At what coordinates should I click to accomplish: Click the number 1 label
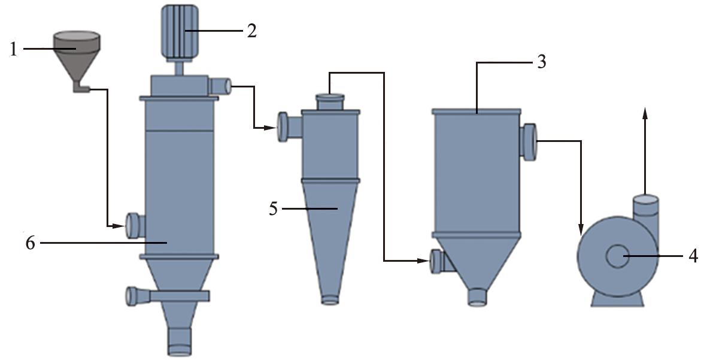pos(14,49)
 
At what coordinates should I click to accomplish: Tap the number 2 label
pos(251,31)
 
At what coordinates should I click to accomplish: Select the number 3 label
pos(541,62)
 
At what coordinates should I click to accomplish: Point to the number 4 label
pos(693,256)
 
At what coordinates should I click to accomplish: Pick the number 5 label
pos(274,208)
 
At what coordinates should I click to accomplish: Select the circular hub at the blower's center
pos(617,256)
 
